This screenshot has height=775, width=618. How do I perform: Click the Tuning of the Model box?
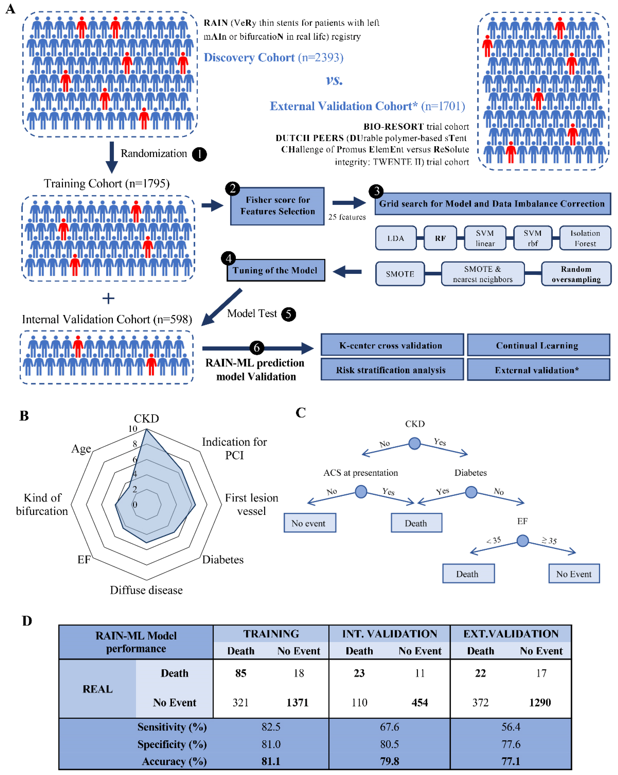[276, 270]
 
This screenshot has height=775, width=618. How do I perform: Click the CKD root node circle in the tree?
[415, 443]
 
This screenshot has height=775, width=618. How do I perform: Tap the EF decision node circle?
[522, 540]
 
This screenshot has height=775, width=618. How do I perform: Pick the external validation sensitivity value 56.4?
[511, 727]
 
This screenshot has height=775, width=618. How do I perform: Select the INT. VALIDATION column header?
[389, 634]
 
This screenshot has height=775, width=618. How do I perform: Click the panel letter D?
[27, 621]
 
